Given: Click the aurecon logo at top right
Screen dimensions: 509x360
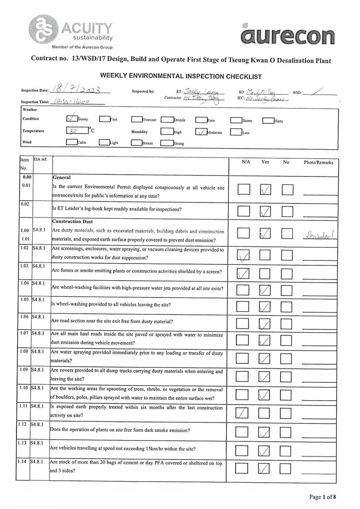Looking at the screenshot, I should coord(288,35).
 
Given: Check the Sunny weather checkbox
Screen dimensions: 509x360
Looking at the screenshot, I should coord(72,119).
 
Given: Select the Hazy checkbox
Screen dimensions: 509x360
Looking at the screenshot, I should coord(268,121).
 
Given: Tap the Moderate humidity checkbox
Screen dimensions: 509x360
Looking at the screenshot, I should coord(201,132).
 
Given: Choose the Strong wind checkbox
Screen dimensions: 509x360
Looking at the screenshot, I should coord(166,143).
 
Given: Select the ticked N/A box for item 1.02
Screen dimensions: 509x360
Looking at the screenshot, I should coord(244,256).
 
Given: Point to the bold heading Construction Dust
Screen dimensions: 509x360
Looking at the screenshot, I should coord(73,221).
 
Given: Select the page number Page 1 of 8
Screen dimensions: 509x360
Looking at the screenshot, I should coord(322,497).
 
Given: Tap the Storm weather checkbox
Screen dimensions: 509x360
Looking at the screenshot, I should coord(236,121).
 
